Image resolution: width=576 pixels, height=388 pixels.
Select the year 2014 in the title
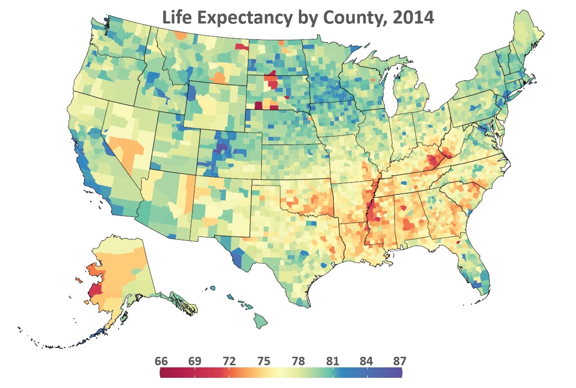(x=413, y=17)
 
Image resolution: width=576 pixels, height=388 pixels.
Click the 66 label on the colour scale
(x=161, y=361)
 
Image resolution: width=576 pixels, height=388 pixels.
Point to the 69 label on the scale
(x=195, y=361)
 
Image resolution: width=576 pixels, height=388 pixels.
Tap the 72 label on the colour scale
(x=229, y=361)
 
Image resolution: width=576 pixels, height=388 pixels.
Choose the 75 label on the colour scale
(x=264, y=361)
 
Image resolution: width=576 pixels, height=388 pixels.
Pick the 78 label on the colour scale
(x=298, y=361)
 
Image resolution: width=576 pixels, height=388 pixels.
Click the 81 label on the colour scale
(x=332, y=361)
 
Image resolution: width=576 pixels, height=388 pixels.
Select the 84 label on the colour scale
(x=366, y=361)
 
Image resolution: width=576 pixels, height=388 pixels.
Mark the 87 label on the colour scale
(x=400, y=361)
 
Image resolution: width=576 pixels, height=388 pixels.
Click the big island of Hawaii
(x=261, y=321)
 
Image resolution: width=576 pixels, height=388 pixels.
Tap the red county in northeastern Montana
(x=242, y=47)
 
